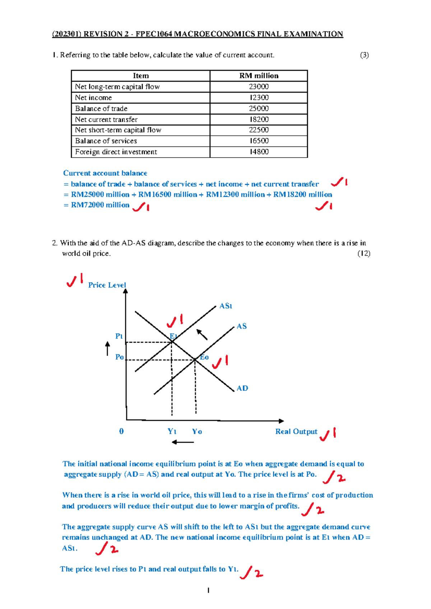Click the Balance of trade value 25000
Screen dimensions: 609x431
point(259,108)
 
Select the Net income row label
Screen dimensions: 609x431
point(93,98)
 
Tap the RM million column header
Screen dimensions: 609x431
point(259,76)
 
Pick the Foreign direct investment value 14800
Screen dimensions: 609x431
point(259,152)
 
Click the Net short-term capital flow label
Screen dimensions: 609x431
point(118,130)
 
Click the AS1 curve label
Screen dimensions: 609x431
point(226,306)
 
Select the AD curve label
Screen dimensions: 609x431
point(242,388)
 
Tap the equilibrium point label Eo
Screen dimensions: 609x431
point(204,357)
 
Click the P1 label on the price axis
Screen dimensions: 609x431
point(119,336)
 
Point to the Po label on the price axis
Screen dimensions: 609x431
point(120,357)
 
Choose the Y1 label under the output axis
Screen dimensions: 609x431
point(172,431)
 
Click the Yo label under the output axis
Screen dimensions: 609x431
point(197,431)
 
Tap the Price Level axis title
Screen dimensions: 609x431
point(107,285)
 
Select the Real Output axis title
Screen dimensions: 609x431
point(296,432)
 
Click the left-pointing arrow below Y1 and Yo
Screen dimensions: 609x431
point(183,442)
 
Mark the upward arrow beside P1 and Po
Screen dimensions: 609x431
point(107,348)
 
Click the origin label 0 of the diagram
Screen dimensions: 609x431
point(121,431)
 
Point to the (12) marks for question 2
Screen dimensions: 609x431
point(364,254)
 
